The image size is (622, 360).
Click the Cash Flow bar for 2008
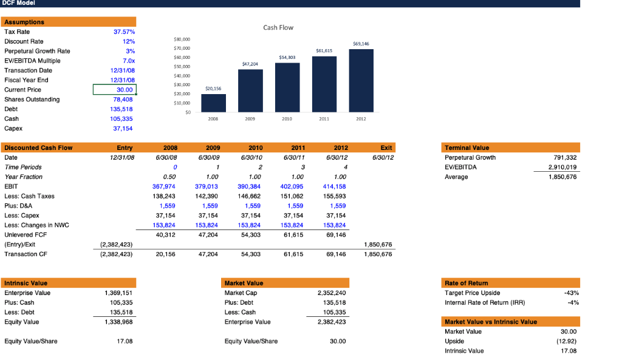pyautogui.click(x=213, y=103)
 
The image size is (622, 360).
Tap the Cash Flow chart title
pyautogui.click(x=278, y=27)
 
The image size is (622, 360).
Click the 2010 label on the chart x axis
pyautogui.click(x=287, y=119)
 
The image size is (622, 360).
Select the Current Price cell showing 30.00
pyautogui.click(x=115, y=90)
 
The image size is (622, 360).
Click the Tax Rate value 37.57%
pyautogui.click(x=124, y=32)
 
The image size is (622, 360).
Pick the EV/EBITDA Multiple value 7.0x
pyautogui.click(x=128, y=61)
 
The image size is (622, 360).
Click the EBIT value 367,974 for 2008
pyautogui.click(x=164, y=186)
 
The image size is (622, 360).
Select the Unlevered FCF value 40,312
pyautogui.click(x=165, y=235)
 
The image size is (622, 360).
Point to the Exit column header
pyautogui.click(x=386, y=148)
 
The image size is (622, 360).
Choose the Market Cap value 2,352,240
pyautogui.click(x=332, y=293)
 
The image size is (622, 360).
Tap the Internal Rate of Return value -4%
pyautogui.click(x=571, y=302)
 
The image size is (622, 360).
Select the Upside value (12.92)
pyautogui.click(x=567, y=341)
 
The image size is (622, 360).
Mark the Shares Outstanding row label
pyautogui.click(x=32, y=100)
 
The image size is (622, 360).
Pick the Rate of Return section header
pyautogui.click(x=467, y=283)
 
